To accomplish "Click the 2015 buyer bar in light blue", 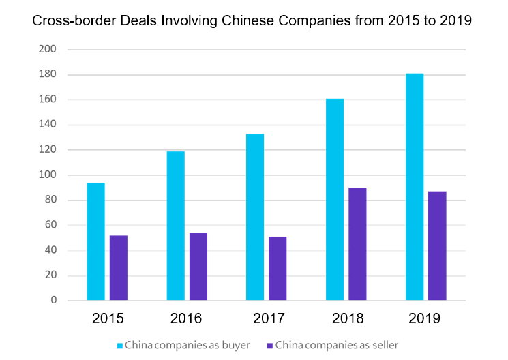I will [96, 241].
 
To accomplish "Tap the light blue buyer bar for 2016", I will [176, 226].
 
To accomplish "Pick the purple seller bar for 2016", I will [198, 267].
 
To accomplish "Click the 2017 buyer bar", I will [255, 217].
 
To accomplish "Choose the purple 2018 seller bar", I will [357, 244].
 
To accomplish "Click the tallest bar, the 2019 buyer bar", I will [415, 187].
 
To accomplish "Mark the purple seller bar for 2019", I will [437, 246].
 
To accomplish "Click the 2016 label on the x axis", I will [187, 318].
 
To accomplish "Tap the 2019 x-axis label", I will [426, 318].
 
